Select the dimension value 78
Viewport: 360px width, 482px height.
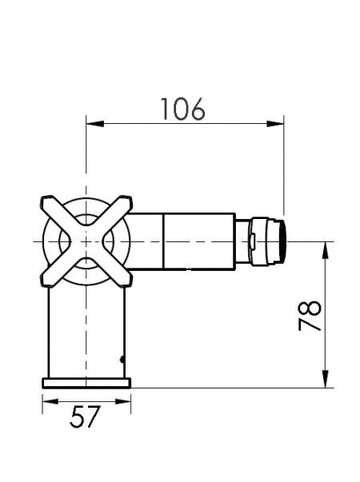[x=311, y=315]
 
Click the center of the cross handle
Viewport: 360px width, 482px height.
[x=86, y=240]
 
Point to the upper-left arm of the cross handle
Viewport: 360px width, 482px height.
[x=54, y=209]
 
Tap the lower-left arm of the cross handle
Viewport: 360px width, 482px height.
[x=54, y=271]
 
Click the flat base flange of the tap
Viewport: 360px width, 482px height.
[x=86, y=382]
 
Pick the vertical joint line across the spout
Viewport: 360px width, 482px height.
[x=163, y=240]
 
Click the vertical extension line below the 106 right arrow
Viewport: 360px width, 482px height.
[x=284, y=176]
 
